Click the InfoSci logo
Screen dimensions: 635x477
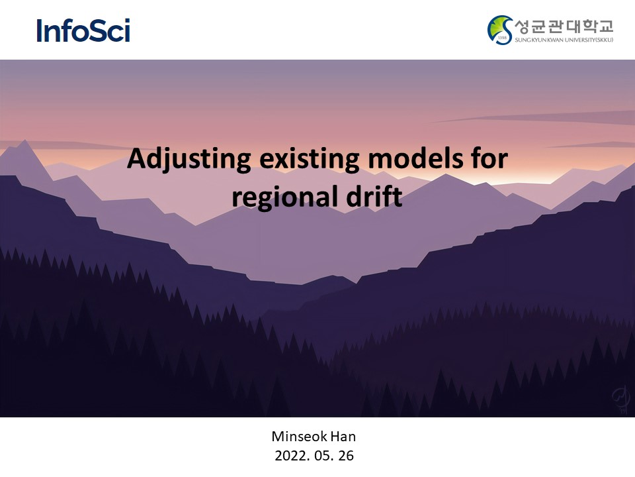83,30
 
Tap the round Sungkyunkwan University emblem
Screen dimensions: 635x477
500,30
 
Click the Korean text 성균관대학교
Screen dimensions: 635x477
564,26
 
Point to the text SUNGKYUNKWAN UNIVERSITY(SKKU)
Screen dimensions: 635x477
564,40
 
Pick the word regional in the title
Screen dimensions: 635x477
284,197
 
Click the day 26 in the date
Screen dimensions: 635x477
346,456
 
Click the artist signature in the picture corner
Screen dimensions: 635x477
620,399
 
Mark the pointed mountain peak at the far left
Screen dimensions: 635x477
25,140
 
